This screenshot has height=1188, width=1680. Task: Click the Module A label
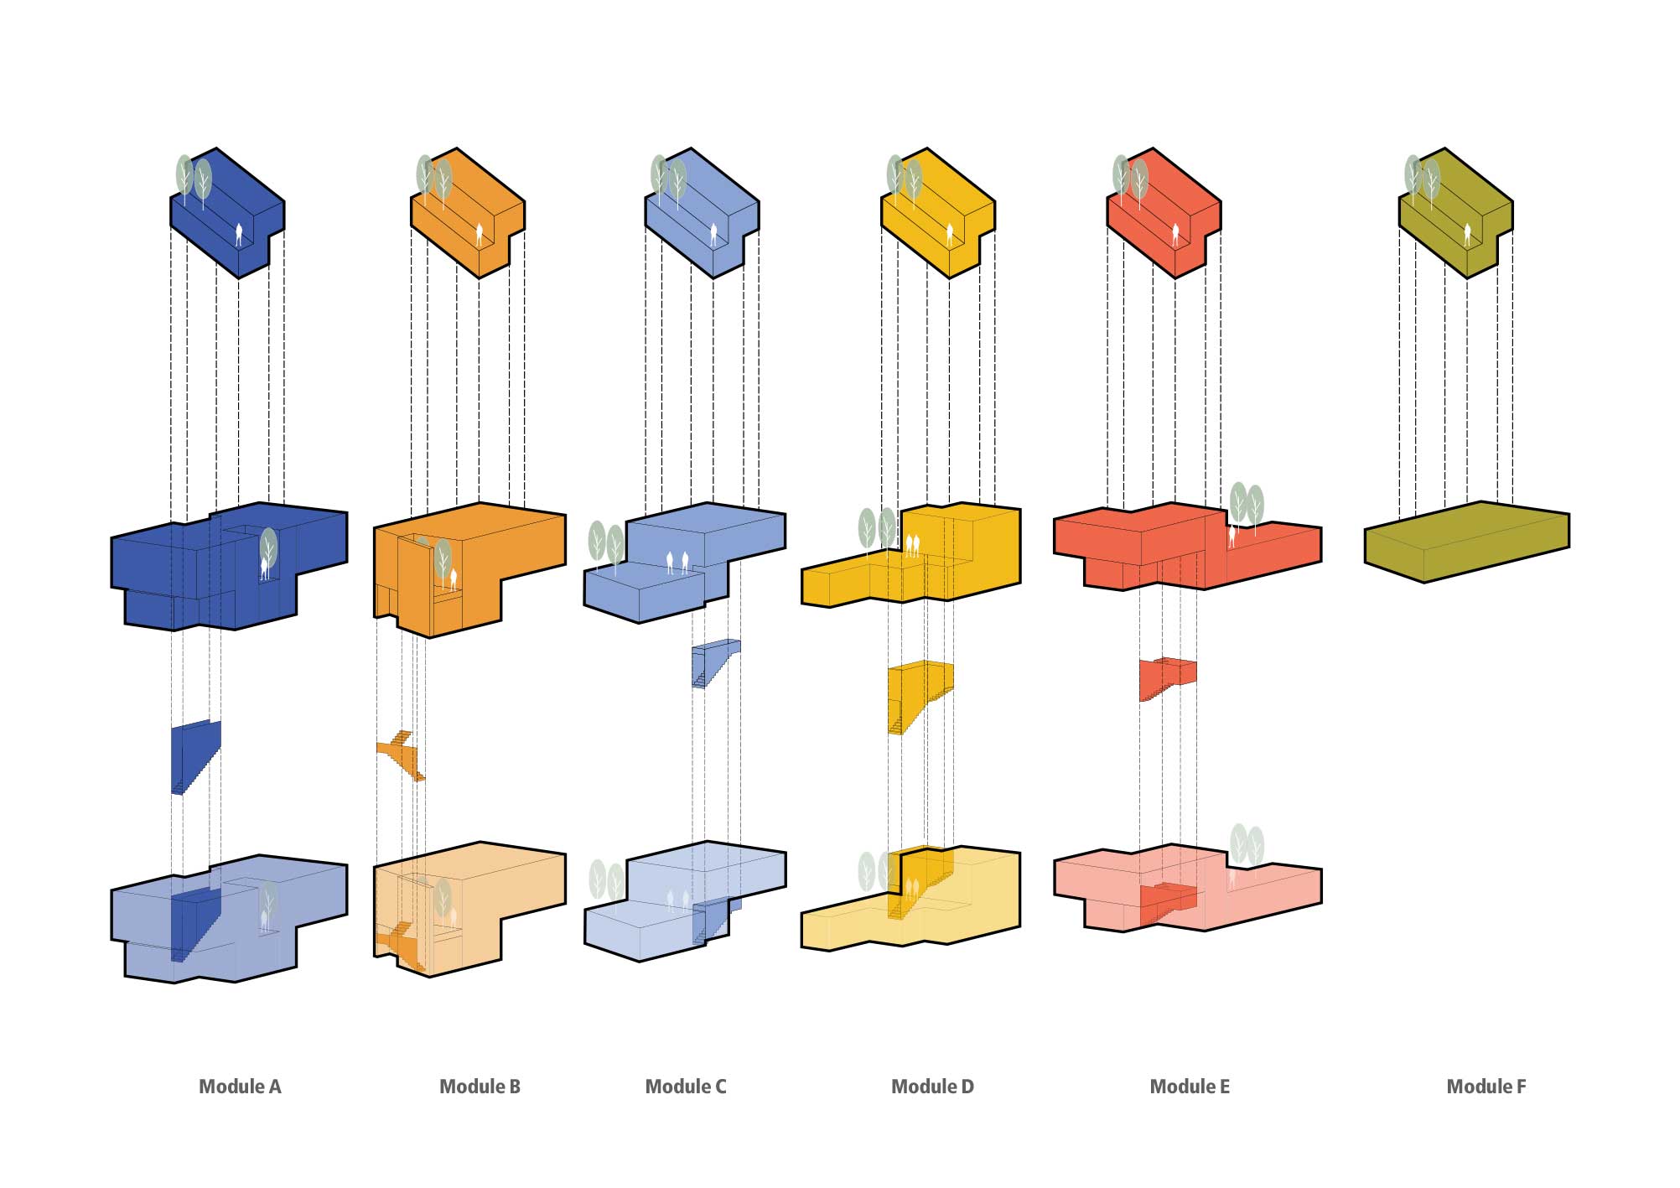(240, 1087)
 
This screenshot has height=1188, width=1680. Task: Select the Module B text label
(480, 1087)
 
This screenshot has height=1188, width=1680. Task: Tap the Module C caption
(686, 1087)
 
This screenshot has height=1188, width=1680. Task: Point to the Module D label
(932, 1087)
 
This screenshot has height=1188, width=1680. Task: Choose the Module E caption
(1190, 1087)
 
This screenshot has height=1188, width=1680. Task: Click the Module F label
(1486, 1087)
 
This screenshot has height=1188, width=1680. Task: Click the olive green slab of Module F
(1467, 542)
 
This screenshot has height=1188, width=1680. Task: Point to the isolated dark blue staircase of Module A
(196, 757)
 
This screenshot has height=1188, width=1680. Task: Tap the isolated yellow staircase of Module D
(920, 696)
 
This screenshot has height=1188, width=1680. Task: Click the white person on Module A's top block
(240, 235)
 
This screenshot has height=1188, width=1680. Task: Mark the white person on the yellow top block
(950, 235)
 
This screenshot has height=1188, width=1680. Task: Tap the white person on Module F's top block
(1467, 235)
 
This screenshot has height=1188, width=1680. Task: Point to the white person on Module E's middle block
(1231, 537)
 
